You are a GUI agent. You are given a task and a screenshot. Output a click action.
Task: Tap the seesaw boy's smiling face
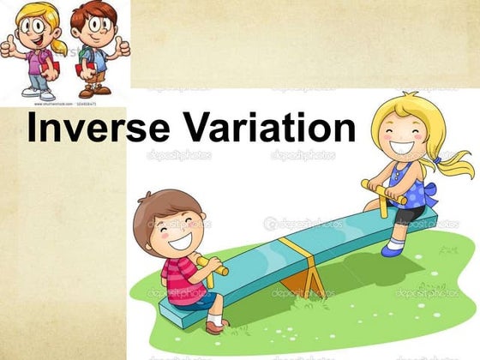pos(177,229)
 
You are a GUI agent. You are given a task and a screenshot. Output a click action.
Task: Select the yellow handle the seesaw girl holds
pos(384,190)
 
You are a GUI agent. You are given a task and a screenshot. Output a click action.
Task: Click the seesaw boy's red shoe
pos(215,325)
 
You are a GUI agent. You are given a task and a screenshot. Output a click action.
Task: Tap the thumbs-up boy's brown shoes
pos(96,89)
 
